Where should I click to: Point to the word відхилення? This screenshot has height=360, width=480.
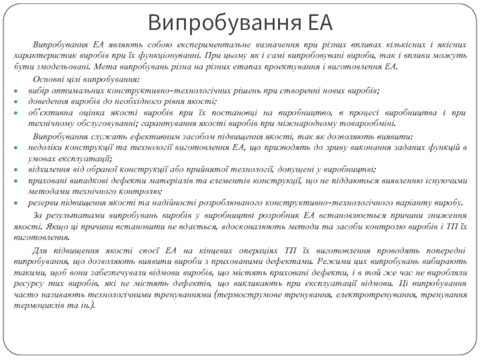49,170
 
